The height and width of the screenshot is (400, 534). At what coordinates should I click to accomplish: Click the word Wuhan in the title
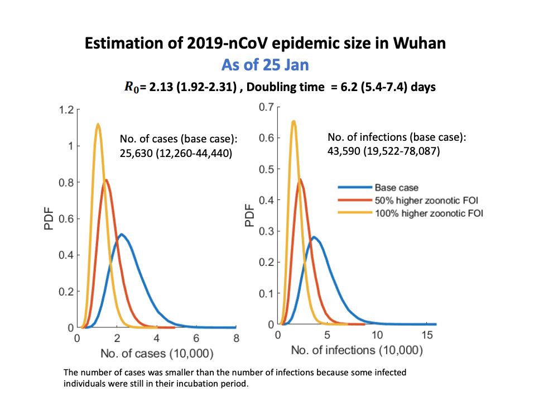[418, 43]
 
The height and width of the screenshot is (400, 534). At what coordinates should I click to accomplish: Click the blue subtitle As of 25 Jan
[265, 65]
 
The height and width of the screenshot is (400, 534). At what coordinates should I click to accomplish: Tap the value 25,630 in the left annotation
[134, 151]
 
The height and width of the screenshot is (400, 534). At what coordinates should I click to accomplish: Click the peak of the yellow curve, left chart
[98, 125]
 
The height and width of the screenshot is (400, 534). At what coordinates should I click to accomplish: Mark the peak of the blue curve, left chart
[121, 234]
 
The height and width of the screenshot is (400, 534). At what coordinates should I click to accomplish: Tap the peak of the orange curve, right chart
[301, 179]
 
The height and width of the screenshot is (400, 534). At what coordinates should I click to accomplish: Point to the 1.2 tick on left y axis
[66, 110]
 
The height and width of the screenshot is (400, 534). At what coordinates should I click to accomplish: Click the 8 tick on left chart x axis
[236, 339]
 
